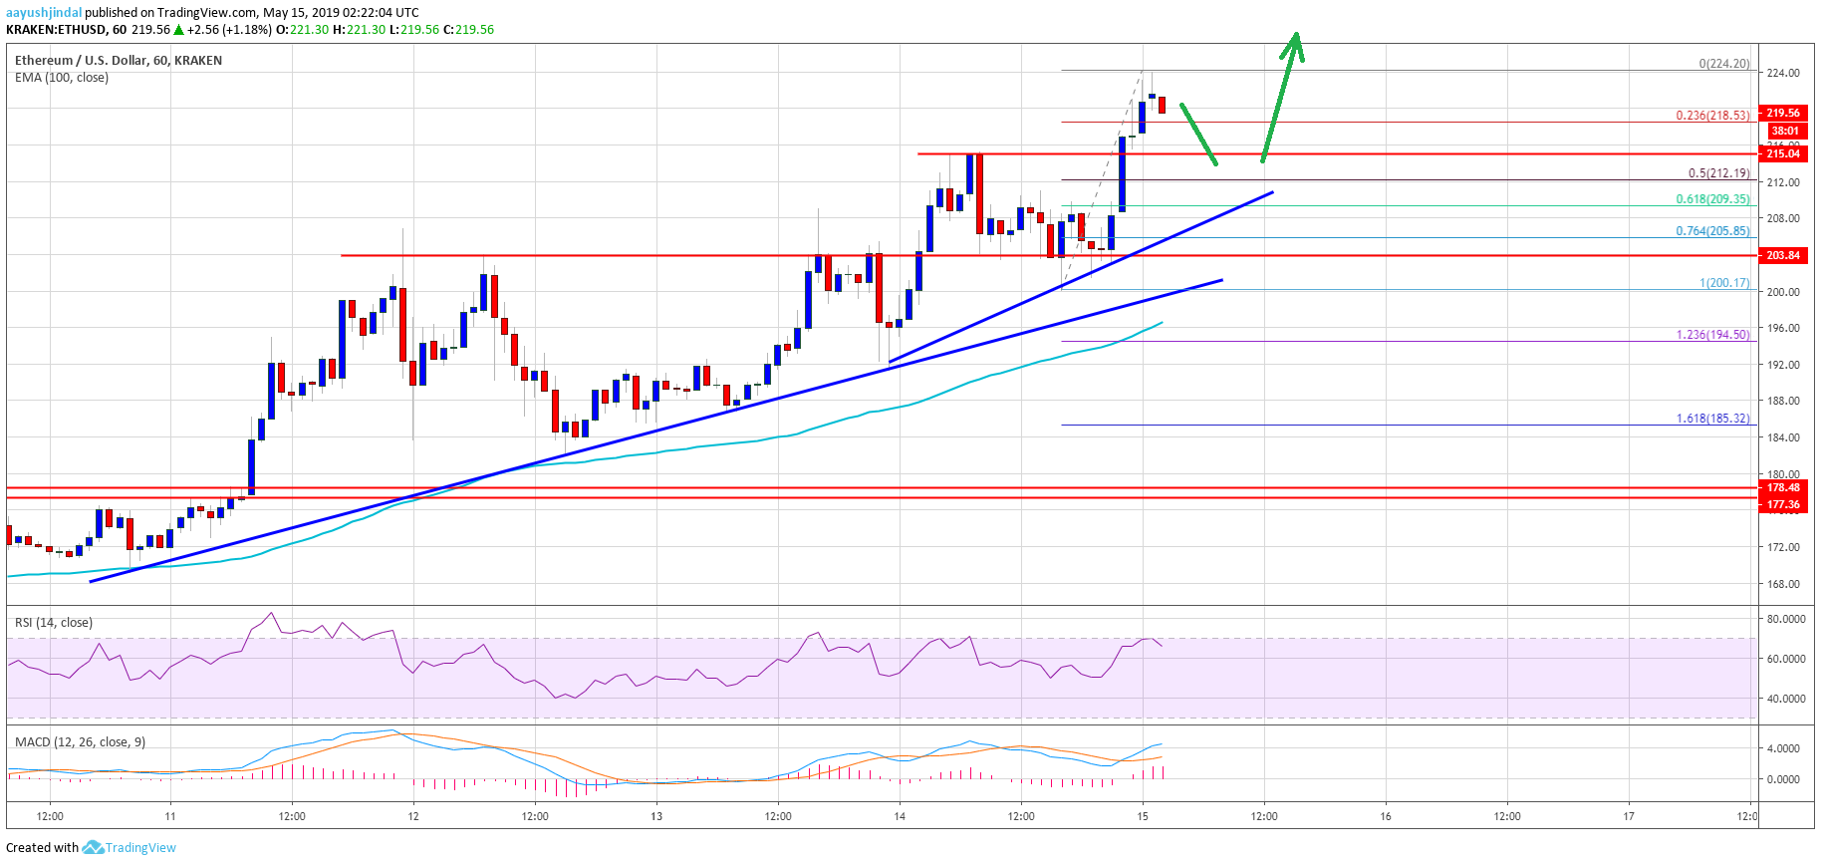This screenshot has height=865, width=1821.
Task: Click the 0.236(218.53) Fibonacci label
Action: (1711, 116)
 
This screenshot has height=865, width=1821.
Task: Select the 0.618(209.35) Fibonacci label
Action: (1711, 199)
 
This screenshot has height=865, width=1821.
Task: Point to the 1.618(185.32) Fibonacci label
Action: (1711, 419)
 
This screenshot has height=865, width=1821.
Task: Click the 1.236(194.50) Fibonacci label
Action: (1711, 335)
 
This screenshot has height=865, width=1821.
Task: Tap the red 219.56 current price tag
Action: (1783, 113)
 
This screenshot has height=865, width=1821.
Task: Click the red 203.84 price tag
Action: (1783, 255)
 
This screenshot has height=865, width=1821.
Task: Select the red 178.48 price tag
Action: (1783, 487)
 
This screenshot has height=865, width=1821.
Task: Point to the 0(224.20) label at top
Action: (1723, 64)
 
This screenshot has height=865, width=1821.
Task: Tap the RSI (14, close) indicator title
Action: (54, 623)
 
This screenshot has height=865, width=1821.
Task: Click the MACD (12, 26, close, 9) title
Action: (80, 742)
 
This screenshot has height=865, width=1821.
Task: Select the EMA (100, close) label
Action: (62, 78)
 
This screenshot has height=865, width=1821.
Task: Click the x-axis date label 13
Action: (656, 816)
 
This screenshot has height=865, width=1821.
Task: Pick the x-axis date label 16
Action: (1386, 816)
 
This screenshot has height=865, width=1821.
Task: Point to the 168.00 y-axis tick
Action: (1783, 584)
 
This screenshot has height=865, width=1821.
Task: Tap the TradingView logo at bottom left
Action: (130, 847)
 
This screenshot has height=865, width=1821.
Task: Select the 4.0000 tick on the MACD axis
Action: (1783, 748)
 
